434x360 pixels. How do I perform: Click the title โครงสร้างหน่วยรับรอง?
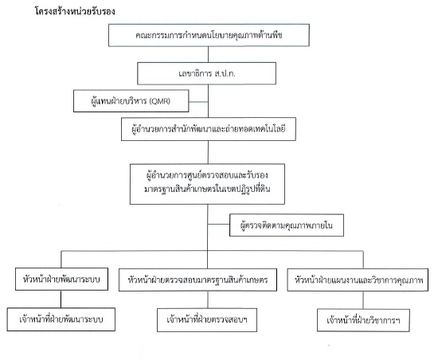tap(75, 11)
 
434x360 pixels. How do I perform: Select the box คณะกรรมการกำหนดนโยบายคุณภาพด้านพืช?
tap(209, 35)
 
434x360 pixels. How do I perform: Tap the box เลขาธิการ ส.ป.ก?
tap(206, 73)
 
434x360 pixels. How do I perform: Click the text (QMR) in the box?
tap(160, 101)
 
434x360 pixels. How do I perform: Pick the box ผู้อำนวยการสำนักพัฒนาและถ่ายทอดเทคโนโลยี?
tap(209, 129)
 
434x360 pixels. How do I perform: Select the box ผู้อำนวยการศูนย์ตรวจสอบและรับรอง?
tap(207, 184)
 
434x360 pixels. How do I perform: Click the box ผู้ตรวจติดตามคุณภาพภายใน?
tap(287, 225)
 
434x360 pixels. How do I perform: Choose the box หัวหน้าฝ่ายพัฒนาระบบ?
tap(61, 279)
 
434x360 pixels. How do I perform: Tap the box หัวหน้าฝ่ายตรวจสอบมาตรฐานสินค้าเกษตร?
tap(197, 280)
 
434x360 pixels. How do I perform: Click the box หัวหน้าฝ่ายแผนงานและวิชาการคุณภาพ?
tap(358, 280)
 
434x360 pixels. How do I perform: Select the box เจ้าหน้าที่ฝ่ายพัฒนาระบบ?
tap(61, 319)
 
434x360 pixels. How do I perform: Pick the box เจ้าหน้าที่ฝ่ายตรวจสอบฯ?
tap(207, 320)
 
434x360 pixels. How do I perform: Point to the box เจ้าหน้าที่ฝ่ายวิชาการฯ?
tap(363, 320)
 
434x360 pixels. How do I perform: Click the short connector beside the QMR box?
tap(198, 102)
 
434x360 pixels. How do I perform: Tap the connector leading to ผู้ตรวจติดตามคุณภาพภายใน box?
tap(219, 224)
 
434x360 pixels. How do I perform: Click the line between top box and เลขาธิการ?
tap(208, 54)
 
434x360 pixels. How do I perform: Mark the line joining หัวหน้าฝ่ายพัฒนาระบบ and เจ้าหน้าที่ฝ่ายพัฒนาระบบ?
tap(61, 299)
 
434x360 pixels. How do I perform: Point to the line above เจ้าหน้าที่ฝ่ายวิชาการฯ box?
tap(363, 300)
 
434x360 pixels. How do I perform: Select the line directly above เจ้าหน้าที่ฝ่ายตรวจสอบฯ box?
tap(208, 299)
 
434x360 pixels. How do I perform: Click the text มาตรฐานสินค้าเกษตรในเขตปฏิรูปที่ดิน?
tap(207, 190)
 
